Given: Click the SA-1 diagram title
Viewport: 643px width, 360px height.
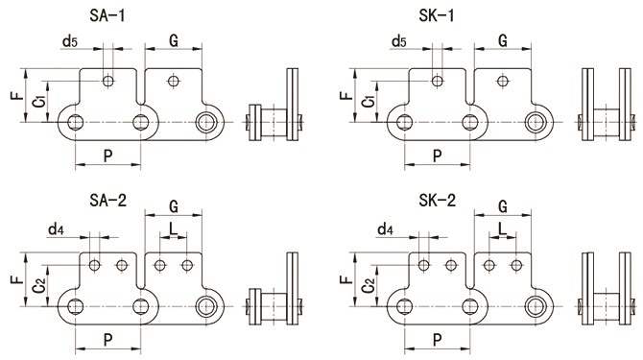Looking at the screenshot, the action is [x=107, y=15].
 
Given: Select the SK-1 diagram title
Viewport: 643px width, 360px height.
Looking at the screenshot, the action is [x=437, y=15].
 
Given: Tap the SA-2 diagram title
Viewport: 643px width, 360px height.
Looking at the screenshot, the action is [x=107, y=200].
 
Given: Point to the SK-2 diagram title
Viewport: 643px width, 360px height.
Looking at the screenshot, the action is [x=437, y=200].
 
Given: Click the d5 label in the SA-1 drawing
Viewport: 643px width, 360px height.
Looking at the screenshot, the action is [x=70, y=41].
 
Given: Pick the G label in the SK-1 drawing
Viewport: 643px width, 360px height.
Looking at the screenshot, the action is [x=503, y=40].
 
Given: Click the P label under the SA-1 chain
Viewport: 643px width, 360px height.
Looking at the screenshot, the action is [x=107, y=156].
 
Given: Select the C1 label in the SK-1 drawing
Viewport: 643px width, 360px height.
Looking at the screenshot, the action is [x=369, y=100].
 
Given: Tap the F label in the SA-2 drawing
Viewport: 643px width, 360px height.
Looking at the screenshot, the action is [x=17, y=279].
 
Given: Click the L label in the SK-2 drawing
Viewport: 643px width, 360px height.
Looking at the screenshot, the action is [x=503, y=229].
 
